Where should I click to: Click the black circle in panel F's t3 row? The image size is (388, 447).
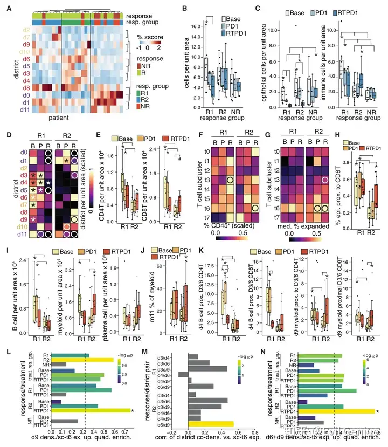(x=230, y=180)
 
